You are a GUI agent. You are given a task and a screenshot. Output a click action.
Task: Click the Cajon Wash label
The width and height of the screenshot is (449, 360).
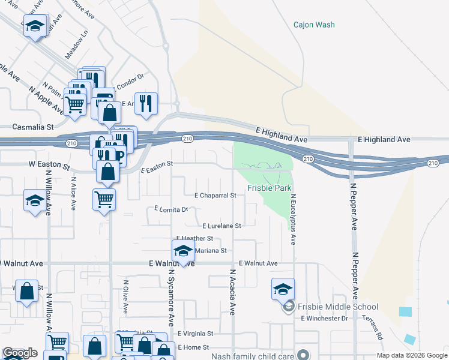tap(314, 25)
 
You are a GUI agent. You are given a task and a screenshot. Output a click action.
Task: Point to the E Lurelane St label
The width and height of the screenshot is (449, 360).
tap(221, 226)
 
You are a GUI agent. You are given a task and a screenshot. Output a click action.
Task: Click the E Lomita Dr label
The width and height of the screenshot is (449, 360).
tap(171, 209)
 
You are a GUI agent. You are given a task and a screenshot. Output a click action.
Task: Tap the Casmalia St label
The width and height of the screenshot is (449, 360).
tap(34, 127)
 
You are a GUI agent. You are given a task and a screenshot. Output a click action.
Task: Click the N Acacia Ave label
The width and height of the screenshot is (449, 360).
tap(232, 292)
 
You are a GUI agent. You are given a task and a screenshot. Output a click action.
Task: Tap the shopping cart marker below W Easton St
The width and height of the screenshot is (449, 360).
tap(104, 198)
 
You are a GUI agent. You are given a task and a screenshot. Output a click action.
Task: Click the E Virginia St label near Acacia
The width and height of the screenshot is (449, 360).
tap(196, 334)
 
